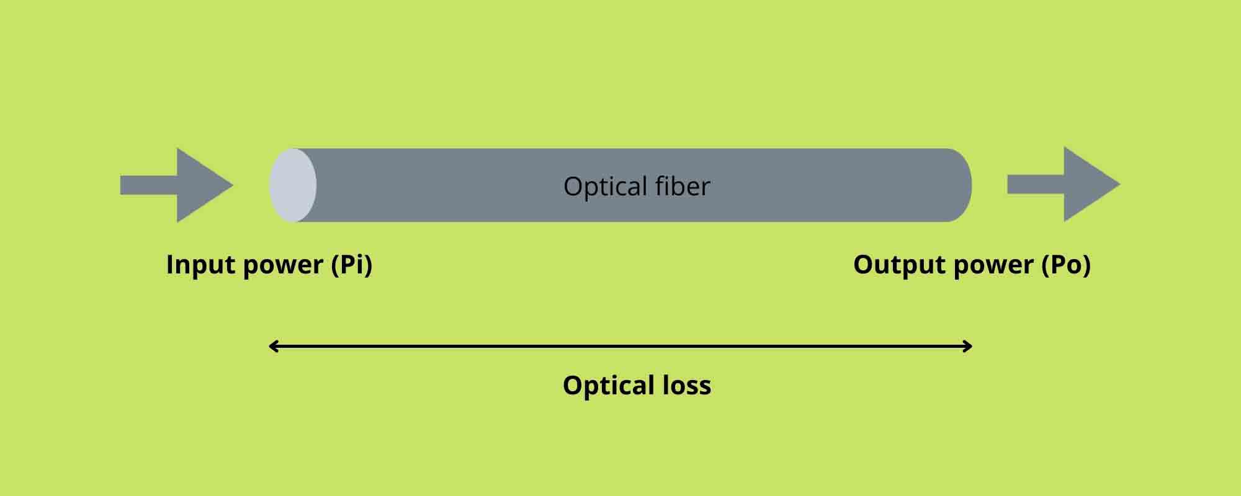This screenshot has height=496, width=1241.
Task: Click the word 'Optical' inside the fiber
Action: click(x=596, y=187)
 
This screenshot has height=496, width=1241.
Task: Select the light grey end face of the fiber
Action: click(x=292, y=185)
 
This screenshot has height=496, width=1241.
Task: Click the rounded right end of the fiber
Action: click(x=959, y=185)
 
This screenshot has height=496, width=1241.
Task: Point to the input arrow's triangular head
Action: click(x=202, y=185)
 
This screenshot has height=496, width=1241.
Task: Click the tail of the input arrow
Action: click(x=148, y=185)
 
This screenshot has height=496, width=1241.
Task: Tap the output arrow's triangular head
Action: click(x=1090, y=184)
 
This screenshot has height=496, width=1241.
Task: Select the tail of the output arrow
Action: click(x=1036, y=184)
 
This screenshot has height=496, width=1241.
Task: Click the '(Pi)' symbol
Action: click(x=352, y=265)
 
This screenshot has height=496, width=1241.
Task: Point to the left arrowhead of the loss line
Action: click(x=272, y=346)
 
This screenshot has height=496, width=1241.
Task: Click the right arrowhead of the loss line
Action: click(x=968, y=346)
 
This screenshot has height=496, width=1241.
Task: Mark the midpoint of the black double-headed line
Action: click(x=620, y=346)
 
